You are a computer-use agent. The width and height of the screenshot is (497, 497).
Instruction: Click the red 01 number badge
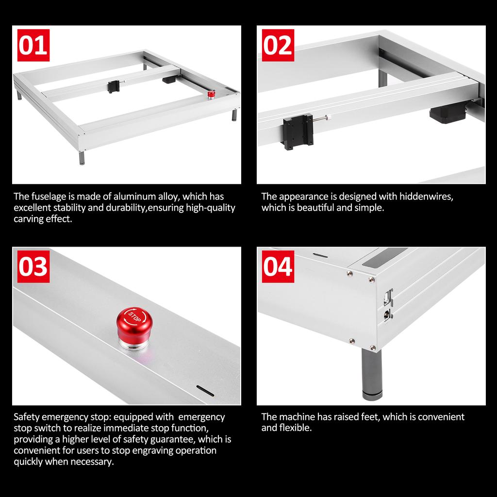click(x=33, y=45)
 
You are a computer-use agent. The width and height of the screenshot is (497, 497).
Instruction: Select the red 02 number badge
click(x=278, y=45)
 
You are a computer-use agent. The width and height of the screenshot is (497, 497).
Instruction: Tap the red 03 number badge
click(x=33, y=266)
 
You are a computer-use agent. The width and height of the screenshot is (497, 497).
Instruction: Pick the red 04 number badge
click(x=278, y=266)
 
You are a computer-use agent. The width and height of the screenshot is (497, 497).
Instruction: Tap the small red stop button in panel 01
click(x=211, y=94)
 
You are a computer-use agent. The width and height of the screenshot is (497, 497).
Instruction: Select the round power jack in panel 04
click(x=388, y=315)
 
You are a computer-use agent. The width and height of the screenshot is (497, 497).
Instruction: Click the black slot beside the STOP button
click(x=205, y=391)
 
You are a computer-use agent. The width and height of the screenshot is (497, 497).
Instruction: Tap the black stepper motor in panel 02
click(x=447, y=115)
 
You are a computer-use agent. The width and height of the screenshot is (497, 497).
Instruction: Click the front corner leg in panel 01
click(x=82, y=158)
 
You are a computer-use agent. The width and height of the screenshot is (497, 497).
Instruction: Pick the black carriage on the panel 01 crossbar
click(x=114, y=86)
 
